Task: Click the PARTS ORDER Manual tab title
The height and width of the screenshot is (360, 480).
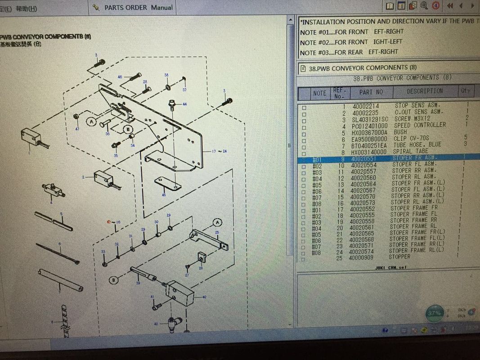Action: (138, 7)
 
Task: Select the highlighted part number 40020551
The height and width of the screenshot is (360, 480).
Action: (364, 158)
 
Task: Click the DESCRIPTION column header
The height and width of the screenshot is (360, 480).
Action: (424, 91)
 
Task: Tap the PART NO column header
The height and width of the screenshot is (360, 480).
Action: (371, 92)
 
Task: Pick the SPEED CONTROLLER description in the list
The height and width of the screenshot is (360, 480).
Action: (420, 125)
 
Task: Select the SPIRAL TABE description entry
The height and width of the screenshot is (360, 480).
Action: (411, 151)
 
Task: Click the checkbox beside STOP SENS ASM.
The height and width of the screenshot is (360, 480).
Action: (304, 107)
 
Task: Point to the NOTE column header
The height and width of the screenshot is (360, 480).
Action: (319, 93)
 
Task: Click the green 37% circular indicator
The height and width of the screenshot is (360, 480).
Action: (435, 313)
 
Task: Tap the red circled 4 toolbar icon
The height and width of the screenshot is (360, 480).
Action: (435, 6)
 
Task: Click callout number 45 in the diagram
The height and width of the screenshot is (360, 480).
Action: (164, 195)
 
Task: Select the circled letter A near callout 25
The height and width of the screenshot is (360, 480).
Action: (218, 223)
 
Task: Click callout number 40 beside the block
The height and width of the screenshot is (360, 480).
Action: (204, 297)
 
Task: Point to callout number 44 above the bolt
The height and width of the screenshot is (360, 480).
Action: (184, 104)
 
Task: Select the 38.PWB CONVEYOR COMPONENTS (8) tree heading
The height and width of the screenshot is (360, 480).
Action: (362, 67)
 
